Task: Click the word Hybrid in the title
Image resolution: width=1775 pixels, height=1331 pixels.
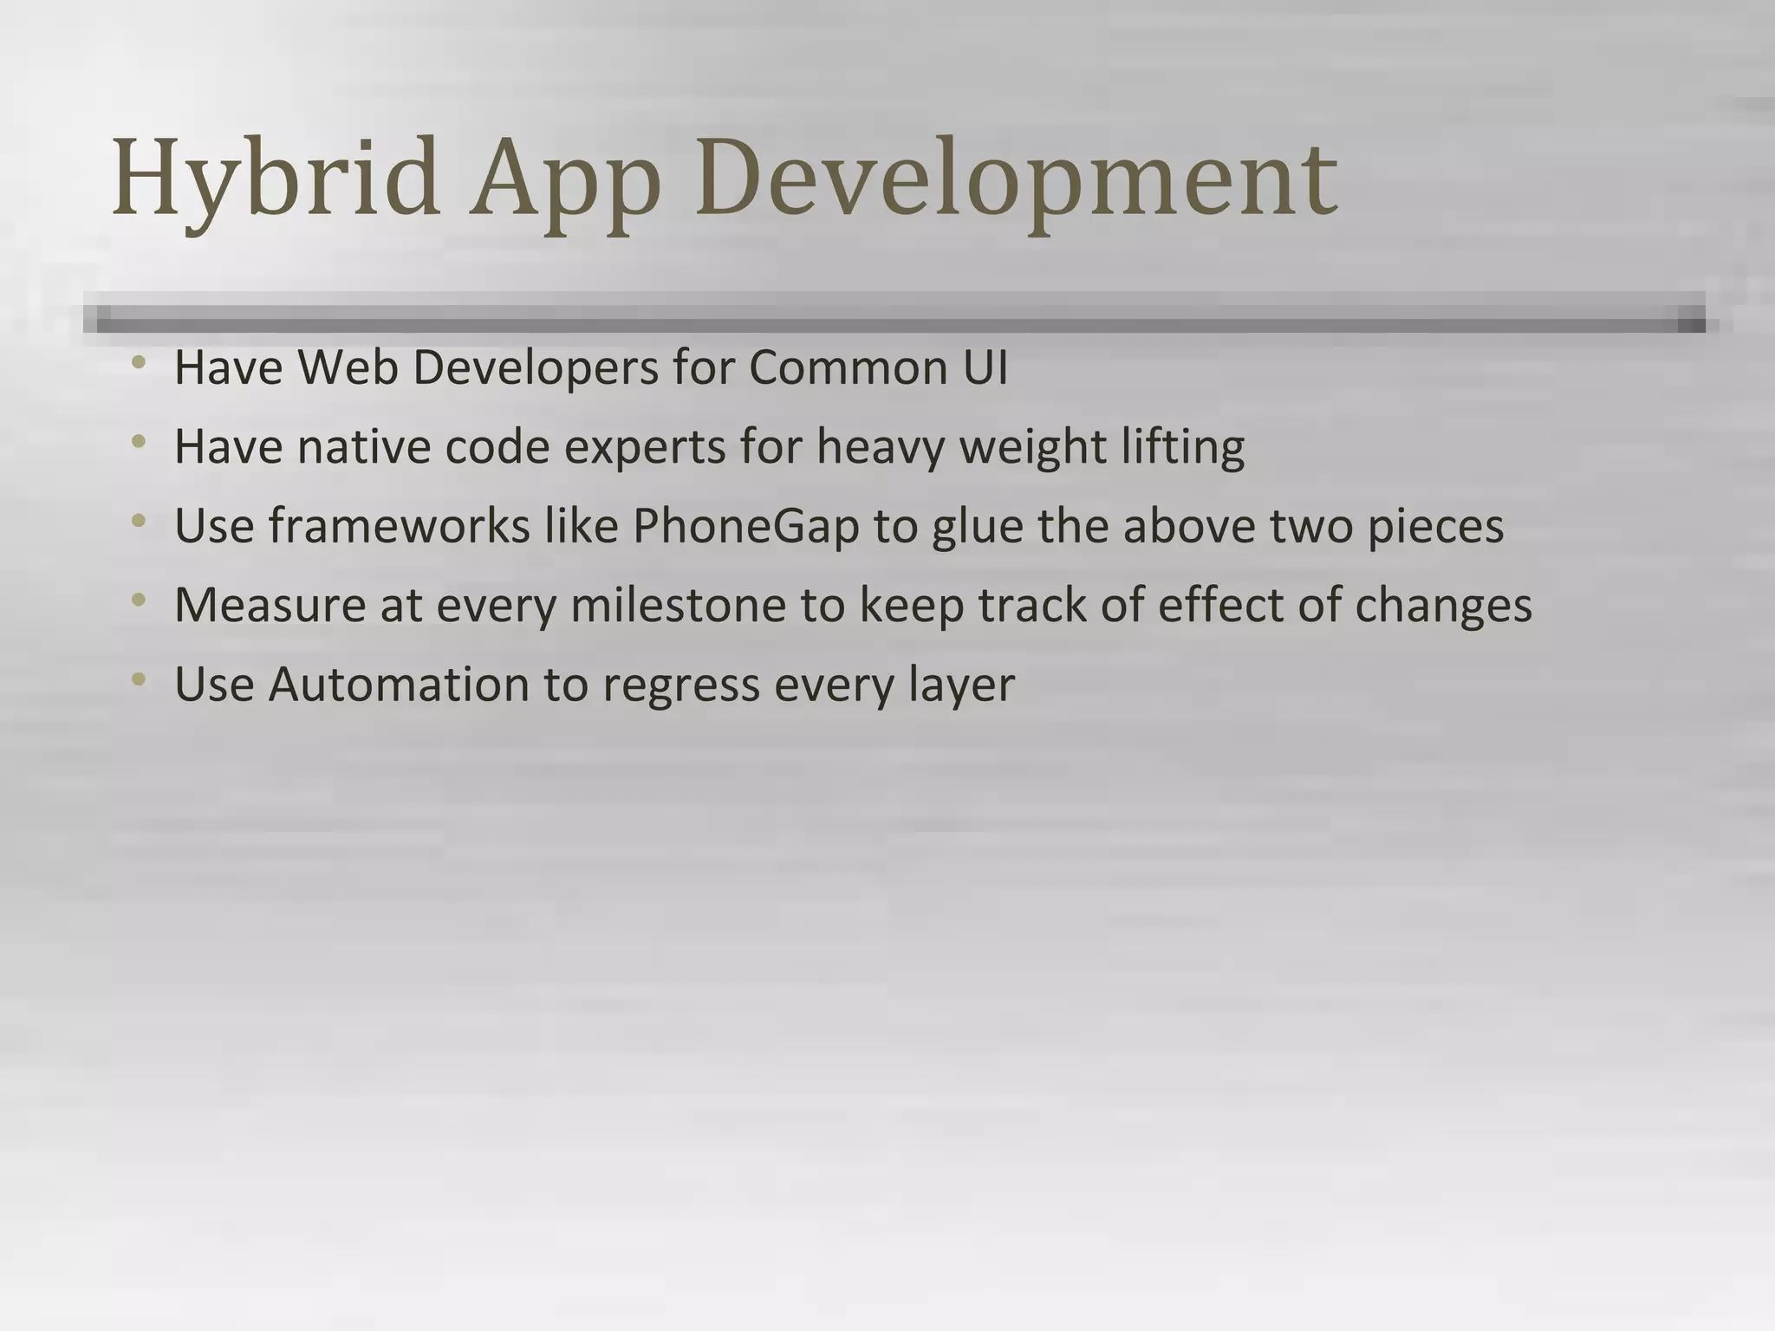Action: click(x=276, y=178)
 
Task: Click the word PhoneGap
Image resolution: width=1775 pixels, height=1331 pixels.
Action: click(x=745, y=526)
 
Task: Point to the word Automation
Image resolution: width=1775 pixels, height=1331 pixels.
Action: click(x=399, y=685)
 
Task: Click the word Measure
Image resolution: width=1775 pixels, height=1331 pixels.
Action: click(x=270, y=605)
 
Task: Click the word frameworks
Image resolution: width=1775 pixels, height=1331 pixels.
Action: click(x=399, y=526)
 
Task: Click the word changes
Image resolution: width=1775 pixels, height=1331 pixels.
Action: click(x=1443, y=605)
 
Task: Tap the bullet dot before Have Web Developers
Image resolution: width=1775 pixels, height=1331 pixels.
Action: click(x=139, y=362)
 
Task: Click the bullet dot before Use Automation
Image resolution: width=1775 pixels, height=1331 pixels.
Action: click(x=139, y=678)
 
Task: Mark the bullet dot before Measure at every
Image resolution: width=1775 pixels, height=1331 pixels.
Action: click(x=139, y=600)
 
